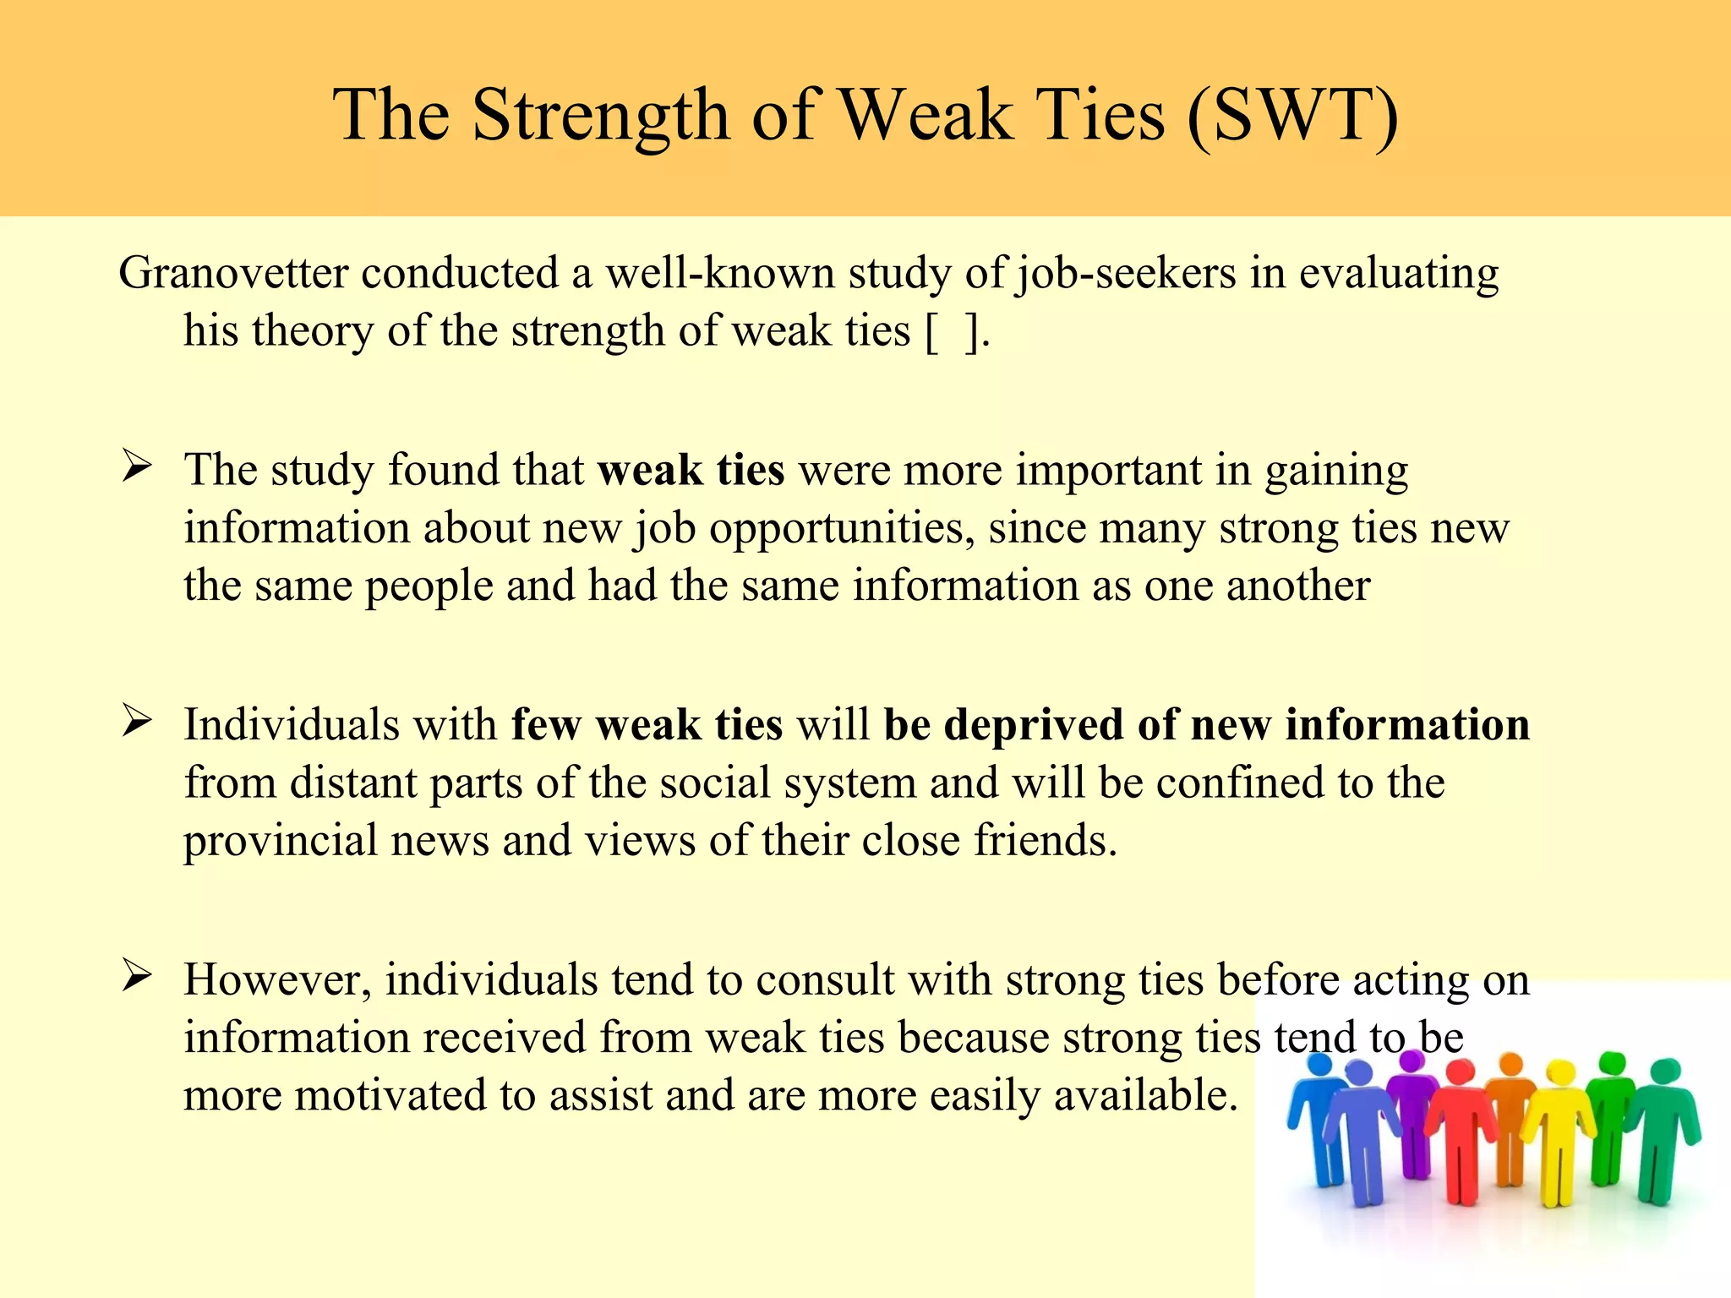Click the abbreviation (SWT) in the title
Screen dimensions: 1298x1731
[1293, 116]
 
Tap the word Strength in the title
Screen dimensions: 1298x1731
[600, 116]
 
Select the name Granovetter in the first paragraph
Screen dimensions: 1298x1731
[233, 274]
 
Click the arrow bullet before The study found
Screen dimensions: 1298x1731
[136, 466]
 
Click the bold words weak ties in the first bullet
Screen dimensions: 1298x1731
[691, 470]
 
